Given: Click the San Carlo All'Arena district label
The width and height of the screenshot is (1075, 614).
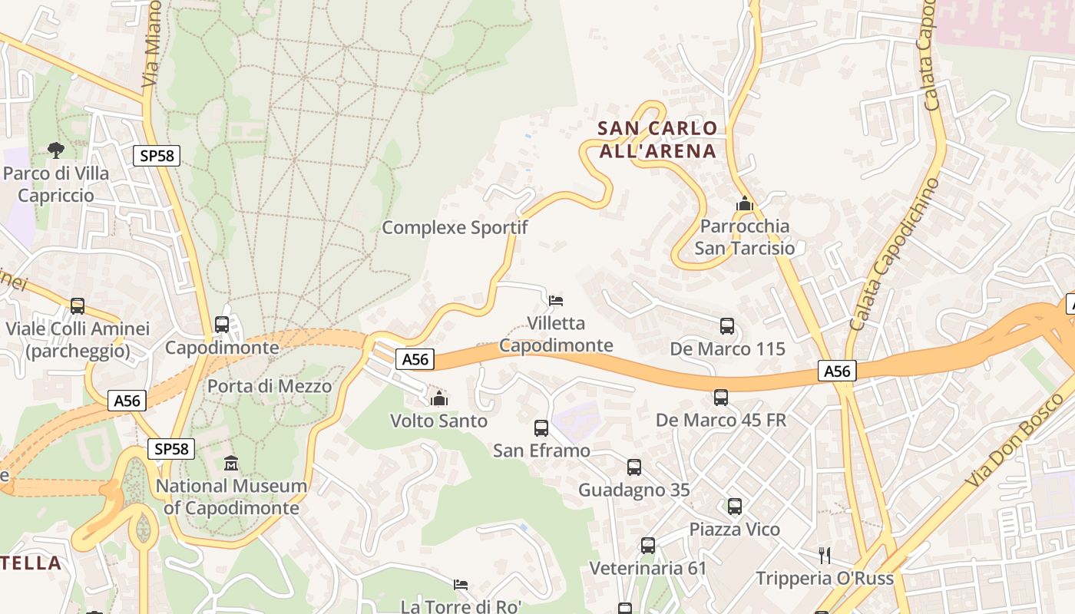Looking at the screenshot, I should click(x=657, y=139).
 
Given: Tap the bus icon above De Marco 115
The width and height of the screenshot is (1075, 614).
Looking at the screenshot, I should click(x=727, y=325).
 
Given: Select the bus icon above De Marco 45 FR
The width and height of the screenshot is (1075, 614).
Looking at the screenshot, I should click(x=721, y=397).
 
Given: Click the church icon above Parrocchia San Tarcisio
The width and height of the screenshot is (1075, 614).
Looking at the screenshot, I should click(x=744, y=204).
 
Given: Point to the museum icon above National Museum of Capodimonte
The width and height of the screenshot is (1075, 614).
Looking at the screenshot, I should click(x=231, y=463).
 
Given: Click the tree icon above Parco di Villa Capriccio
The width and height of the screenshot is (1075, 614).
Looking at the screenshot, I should click(x=56, y=150).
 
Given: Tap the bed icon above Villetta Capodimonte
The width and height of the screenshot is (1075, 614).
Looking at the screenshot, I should click(x=556, y=300).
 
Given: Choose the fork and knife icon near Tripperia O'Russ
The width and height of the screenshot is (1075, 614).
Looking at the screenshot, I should click(x=825, y=554).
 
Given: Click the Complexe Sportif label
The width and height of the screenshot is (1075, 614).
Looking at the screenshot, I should click(x=455, y=227).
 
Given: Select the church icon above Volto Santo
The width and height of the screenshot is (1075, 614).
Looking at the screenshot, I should click(x=439, y=398).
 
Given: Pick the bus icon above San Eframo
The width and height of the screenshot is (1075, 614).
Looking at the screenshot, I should click(x=541, y=427).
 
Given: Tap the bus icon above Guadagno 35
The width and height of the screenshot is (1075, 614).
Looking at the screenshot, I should click(x=634, y=467).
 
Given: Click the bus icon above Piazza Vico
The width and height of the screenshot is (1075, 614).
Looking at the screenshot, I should click(x=735, y=506).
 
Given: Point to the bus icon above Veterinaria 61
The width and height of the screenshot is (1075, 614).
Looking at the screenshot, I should click(x=648, y=545).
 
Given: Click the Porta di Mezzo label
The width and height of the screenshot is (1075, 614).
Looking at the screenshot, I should click(x=270, y=385).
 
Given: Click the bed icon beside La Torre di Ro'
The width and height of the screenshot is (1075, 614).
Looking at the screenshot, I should click(x=461, y=585).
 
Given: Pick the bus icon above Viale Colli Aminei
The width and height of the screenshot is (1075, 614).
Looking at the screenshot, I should click(x=78, y=305).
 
